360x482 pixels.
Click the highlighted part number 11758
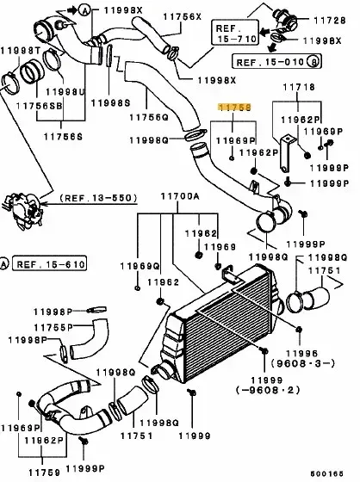click(234, 107)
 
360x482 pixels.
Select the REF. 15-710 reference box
click(235, 33)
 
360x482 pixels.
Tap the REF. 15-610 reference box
click(50, 264)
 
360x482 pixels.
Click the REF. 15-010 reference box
click(276, 61)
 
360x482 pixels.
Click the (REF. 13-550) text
click(98, 198)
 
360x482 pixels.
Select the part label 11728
click(330, 21)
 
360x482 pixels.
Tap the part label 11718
click(299, 87)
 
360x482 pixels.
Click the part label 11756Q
click(149, 117)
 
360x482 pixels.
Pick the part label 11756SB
click(39, 106)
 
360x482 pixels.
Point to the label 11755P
click(53, 328)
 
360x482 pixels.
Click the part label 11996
click(301, 354)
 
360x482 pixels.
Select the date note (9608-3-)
click(303, 363)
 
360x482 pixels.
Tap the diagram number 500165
click(326, 473)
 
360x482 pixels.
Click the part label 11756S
click(63, 137)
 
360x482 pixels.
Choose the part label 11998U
click(65, 92)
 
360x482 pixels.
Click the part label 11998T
click(21, 51)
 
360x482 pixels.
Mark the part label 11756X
click(183, 16)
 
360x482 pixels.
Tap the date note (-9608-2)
click(268, 391)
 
